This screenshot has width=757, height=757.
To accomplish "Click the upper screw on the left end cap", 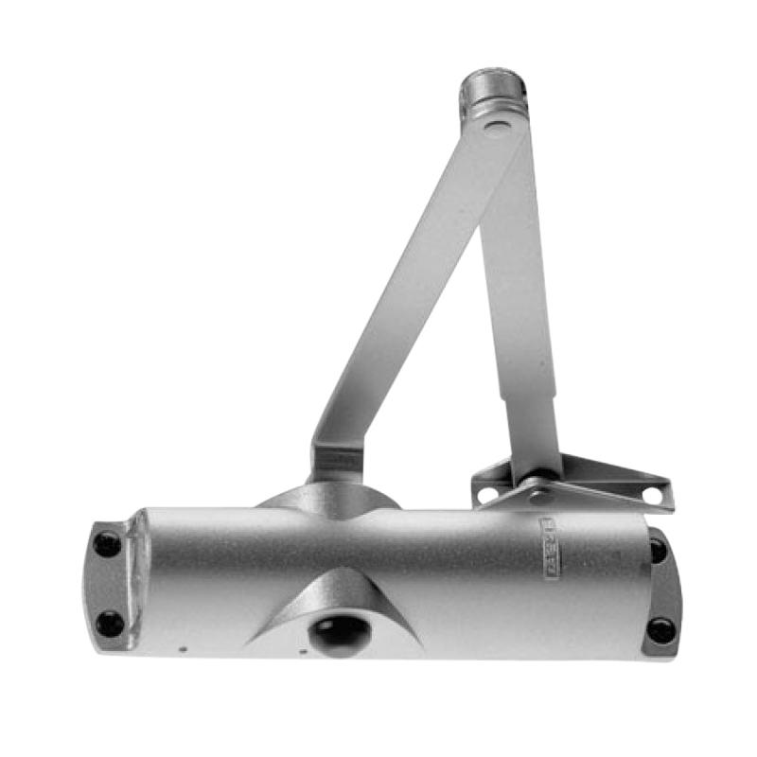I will click(107, 543).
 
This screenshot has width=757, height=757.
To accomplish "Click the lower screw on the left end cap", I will click(110, 623).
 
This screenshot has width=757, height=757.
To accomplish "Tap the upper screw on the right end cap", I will click(657, 549).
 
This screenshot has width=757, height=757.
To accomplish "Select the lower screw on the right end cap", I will click(660, 629).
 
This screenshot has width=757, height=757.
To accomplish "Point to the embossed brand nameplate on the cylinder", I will click(550, 548).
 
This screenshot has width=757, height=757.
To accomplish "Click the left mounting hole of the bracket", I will click(487, 494).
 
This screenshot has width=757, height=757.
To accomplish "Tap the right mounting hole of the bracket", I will click(651, 494).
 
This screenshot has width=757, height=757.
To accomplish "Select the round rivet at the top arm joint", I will click(494, 126).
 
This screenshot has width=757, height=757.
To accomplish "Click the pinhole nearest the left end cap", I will click(184, 649).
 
